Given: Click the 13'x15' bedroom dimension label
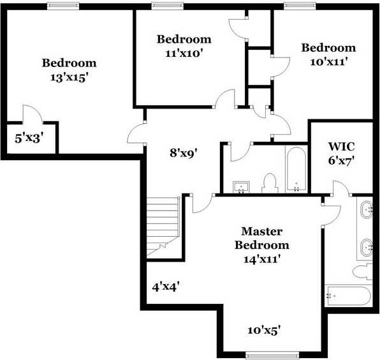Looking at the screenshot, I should (69, 77).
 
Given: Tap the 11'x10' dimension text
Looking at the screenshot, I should (184, 54).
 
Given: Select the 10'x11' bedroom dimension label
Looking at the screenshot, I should (328, 62).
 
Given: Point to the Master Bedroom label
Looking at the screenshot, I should (261, 237).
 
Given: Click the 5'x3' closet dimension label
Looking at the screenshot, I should (29, 137).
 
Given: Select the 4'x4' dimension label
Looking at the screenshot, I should (166, 287).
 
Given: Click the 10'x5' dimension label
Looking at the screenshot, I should (264, 330).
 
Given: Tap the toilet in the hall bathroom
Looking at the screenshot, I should (270, 184).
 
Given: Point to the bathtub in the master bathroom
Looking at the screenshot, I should (347, 297).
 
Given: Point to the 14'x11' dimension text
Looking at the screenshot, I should (261, 259).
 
